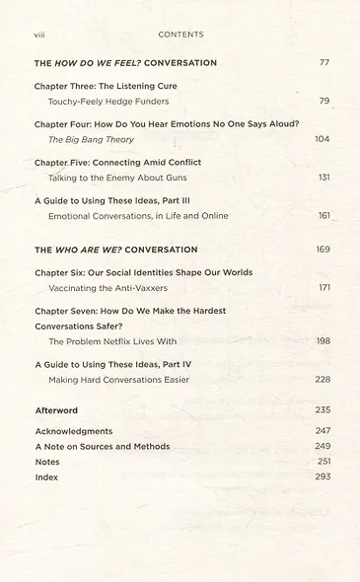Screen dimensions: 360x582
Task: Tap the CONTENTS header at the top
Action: point(180,35)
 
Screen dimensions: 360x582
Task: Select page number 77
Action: point(324,63)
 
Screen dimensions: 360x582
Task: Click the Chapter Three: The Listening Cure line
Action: point(106,86)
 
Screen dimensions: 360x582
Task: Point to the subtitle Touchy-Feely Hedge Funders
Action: point(108,101)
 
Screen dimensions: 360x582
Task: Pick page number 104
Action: point(322,139)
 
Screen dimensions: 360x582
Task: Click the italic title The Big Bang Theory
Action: point(91,139)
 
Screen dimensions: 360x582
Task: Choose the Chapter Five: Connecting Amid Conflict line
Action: point(117,162)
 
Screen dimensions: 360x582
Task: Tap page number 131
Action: point(323,178)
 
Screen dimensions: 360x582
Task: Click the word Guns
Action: point(175,178)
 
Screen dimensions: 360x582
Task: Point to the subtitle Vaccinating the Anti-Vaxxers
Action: point(112,287)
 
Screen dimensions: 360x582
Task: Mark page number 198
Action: point(323,340)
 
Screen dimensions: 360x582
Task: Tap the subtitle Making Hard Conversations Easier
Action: point(118,379)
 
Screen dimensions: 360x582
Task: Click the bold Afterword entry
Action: point(56,409)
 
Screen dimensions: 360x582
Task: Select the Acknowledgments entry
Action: point(74,431)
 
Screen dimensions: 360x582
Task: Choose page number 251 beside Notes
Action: point(323,462)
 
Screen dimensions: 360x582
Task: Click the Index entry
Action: point(46,476)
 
